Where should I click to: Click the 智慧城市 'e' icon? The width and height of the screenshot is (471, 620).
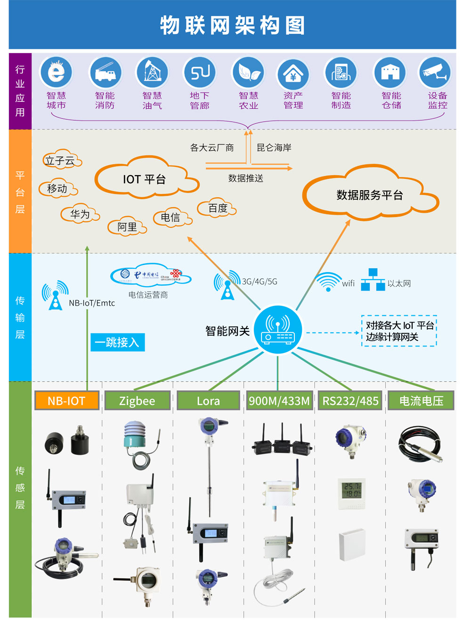point(56,72)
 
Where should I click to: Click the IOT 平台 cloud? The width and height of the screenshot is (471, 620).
point(145,179)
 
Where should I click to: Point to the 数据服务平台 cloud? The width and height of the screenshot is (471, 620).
point(370,194)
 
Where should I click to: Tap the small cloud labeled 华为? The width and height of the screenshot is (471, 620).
point(80,214)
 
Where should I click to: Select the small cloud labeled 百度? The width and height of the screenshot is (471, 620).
point(218,208)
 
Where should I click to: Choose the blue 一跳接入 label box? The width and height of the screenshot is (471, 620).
point(117,342)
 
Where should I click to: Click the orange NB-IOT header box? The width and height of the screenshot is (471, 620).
point(66,401)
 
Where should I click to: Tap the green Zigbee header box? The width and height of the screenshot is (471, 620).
point(137,401)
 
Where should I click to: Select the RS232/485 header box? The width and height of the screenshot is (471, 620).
point(350,401)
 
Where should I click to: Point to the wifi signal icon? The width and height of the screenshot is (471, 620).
point(328,282)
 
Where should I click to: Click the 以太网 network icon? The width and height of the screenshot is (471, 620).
point(373,280)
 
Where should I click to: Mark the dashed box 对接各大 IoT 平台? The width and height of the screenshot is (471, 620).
point(399,331)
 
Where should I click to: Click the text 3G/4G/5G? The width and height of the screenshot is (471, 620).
point(260,282)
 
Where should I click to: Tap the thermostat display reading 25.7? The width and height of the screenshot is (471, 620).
point(352,490)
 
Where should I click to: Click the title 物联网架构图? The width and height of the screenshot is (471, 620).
point(233,25)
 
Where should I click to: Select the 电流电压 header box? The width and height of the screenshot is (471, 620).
point(421,401)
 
